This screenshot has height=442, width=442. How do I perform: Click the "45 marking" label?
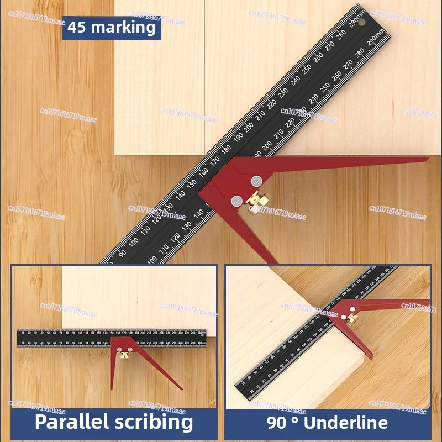click(112, 27)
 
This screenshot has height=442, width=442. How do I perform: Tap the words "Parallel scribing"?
click(114, 422)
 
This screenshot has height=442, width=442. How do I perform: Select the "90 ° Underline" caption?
click(327, 423)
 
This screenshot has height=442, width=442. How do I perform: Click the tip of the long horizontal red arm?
click(427, 159)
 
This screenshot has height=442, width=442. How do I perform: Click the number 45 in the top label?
click(77, 27)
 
